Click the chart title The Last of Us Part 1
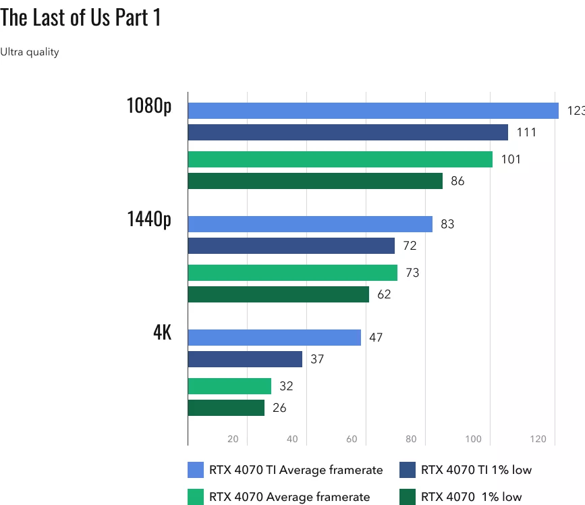81,18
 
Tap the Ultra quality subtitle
30,52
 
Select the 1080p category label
148,106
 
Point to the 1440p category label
148,219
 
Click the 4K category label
162,333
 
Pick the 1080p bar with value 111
347,132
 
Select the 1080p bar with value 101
340,159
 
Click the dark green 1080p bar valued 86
315,181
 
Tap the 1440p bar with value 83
310,224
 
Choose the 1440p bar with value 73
292,273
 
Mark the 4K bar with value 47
274,338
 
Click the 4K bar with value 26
226,408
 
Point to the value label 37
317,359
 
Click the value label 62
384,294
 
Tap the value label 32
286,386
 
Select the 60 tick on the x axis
352,440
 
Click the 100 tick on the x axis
473,440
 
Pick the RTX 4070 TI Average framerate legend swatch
195,469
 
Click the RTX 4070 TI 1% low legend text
476,469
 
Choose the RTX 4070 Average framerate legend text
289,497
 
